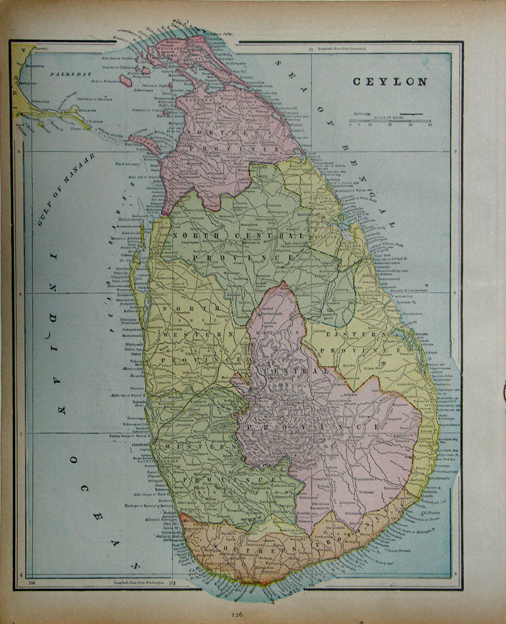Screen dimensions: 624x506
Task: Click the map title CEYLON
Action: point(390,82)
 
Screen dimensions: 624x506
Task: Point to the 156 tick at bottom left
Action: point(30,581)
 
